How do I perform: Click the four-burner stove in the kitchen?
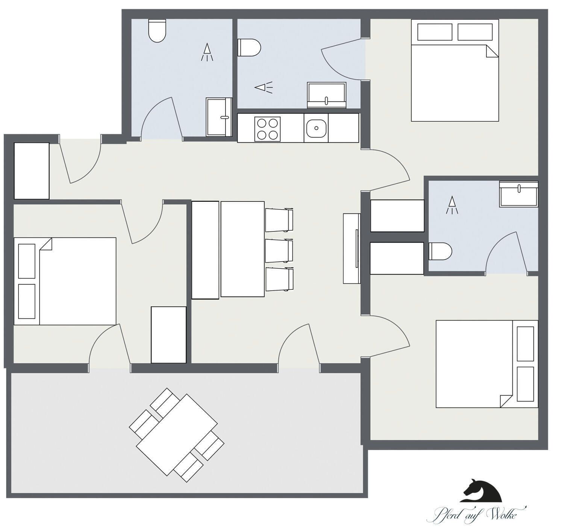coord(267,129)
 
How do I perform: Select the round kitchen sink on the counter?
coord(316,128)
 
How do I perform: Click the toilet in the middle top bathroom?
coord(249,47)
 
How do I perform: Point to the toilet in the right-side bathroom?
coord(440,251)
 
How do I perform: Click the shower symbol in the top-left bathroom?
coord(207,52)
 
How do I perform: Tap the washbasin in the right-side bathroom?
coord(518,194)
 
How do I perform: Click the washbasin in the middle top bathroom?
coord(326,95)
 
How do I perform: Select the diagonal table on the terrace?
coord(177,435)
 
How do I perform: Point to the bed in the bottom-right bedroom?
coord(487,364)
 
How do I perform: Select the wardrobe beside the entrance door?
coord(32,171)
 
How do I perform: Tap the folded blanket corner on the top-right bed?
coord(491,51)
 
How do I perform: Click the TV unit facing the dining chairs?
coord(351,248)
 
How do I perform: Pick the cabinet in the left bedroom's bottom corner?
coord(168,334)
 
